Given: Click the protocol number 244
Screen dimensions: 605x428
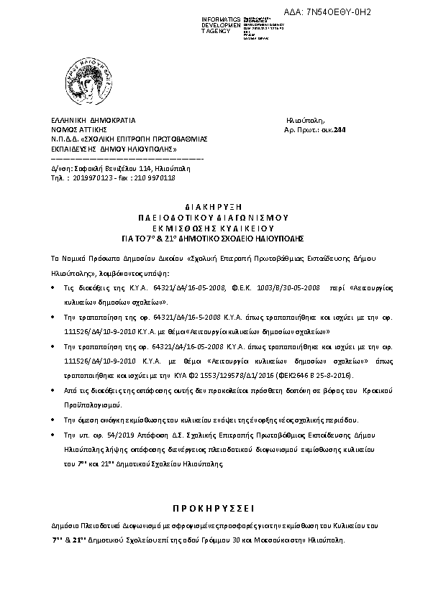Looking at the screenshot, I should pos(329,130).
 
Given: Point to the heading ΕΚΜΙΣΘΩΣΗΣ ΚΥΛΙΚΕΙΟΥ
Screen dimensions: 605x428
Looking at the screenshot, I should pos(214,226).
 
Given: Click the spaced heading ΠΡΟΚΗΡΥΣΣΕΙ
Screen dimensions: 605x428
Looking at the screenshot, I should pos(213,498).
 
